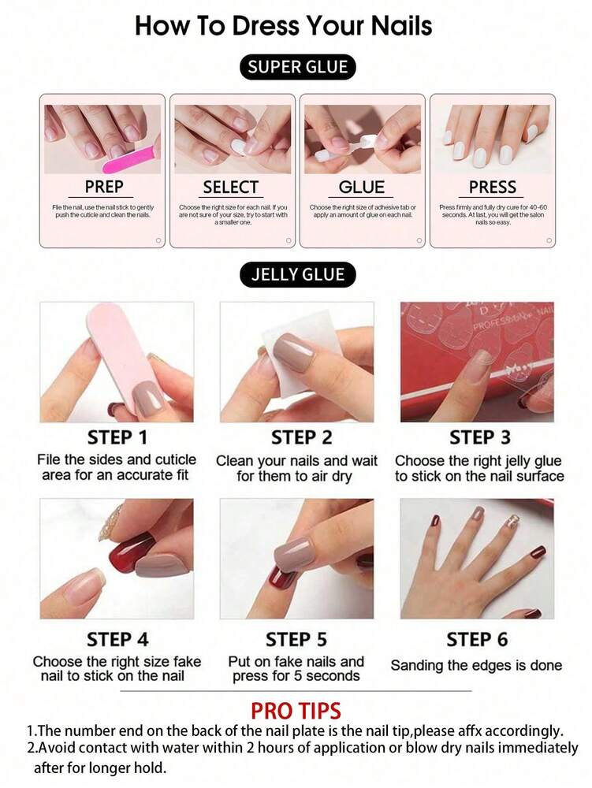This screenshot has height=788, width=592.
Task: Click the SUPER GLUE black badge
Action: (297, 67)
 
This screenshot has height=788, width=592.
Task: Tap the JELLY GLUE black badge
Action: (297, 274)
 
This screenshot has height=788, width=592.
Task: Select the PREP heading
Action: (104, 187)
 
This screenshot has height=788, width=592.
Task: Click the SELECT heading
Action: (230, 187)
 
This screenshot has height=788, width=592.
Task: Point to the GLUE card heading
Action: (362, 187)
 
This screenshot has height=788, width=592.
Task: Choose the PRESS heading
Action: (492, 187)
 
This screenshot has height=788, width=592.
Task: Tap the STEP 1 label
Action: (117, 437)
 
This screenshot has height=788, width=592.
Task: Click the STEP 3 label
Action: (479, 437)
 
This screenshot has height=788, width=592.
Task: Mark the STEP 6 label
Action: (477, 639)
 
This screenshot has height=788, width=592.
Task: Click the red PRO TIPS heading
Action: (296, 711)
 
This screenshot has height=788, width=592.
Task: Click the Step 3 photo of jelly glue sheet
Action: (477, 362)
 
